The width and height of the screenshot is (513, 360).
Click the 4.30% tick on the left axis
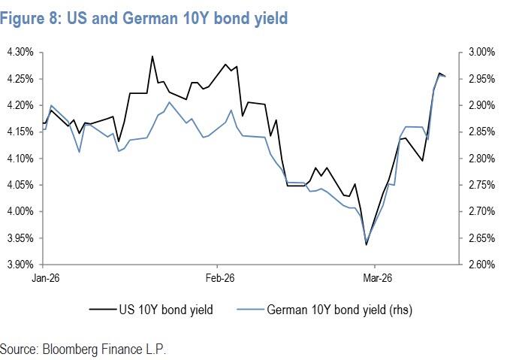tap(20, 52)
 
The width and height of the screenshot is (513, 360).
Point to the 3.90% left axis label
tap(20, 265)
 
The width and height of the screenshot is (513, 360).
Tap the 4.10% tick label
tap(20, 159)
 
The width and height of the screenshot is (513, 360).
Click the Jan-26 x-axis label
tap(45, 278)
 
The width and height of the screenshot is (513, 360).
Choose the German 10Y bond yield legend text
tap(339, 308)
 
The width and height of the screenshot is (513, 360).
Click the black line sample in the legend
tap(102, 308)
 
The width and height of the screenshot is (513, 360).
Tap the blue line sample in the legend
tap(250, 308)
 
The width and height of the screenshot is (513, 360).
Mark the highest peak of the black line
tap(152, 56)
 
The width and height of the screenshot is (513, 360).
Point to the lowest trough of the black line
tap(366, 244)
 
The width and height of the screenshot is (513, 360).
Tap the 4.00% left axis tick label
tap(20, 212)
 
